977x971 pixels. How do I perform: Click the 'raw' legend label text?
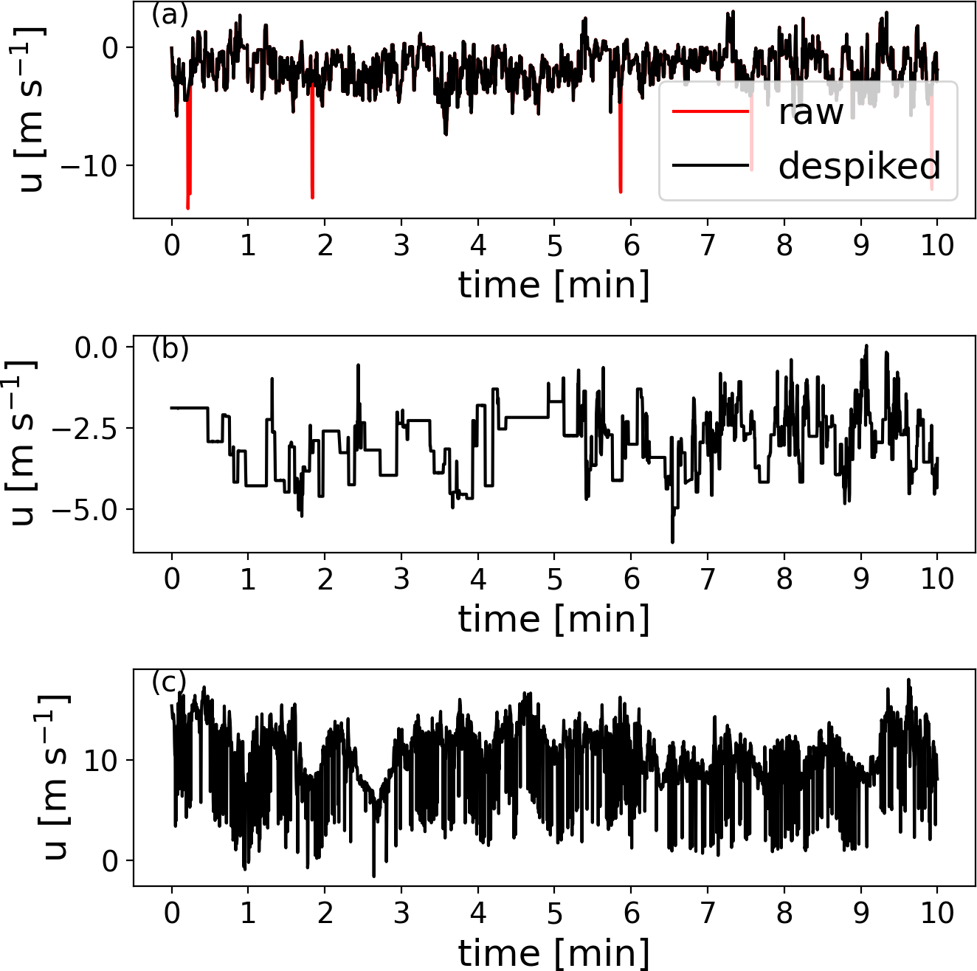tap(810, 112)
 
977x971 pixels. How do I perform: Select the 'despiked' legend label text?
tap(859, 166)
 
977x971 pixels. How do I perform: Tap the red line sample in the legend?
tap(711, 112)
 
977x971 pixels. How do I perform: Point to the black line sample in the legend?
tap(711, 165)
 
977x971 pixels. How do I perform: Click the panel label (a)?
tap(170, 15)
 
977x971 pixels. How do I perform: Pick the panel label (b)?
tap(170, 348)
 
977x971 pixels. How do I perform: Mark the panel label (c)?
tap(169, 682)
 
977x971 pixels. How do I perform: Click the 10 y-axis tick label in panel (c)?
tap(101, 761)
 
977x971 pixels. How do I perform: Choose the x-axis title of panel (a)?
tap(553, 285)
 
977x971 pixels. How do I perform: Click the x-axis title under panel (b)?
tap(553, 618)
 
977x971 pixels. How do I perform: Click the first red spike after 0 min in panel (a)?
tap(189, 155)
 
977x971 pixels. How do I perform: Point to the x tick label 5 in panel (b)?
tap(554, 579)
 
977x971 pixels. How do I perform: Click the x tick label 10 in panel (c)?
tap(937, 913)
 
